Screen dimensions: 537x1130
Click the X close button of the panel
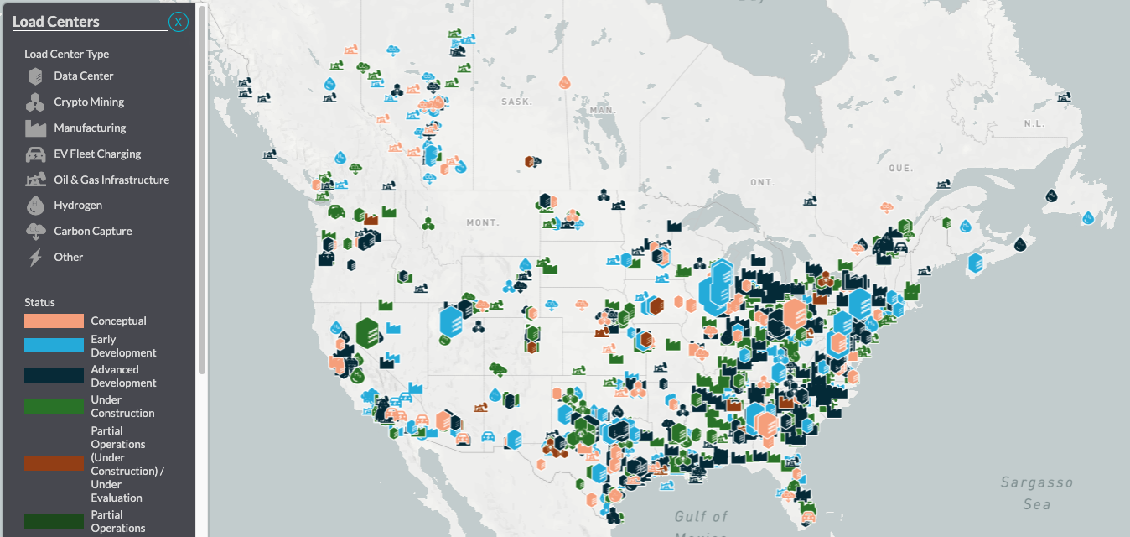tap(178, 22)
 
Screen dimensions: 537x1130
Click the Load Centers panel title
tap(56, 22)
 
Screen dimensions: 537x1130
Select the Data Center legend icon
tap(35, 76)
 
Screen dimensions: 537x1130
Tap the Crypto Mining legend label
tap(89, 102)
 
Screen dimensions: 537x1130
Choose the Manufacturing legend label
tap(90, 128)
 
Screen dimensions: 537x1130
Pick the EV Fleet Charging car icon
tap(35, 154)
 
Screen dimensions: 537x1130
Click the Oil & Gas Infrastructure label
tap(111, 180)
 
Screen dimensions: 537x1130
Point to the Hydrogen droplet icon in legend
tap(35, 206)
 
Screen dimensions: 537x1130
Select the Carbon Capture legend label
tap(93, 232)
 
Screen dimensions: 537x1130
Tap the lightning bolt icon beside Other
tap(35, 258)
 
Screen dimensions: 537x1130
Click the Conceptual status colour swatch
tap(54, 321)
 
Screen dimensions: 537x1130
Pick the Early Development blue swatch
tap(54, 346)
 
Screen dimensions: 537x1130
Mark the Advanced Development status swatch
tap(54, 376)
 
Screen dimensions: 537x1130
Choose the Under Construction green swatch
tap(54, 406)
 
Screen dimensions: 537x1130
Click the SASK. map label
tap(516, 102)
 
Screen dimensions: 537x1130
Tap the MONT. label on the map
tap(483, 223)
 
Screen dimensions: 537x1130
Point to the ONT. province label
tap(762, 183)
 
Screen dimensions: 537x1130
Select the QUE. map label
tap(900, 169)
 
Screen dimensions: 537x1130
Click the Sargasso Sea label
tap(1037, 493)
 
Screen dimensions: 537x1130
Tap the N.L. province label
tap(1034, 124)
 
